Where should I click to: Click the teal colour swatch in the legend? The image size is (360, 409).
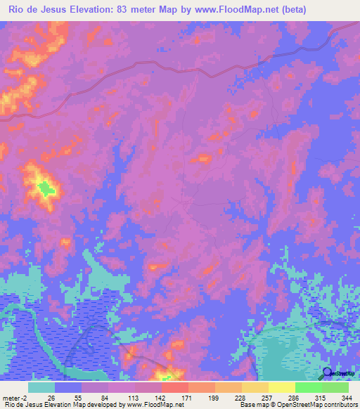41,387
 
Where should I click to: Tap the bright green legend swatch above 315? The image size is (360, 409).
308,387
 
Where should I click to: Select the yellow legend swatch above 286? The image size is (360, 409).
281,387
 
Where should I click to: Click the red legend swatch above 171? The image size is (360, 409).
174,387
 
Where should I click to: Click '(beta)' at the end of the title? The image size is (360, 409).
306,9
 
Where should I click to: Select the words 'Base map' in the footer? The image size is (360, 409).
252,405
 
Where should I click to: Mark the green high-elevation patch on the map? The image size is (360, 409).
46,188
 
